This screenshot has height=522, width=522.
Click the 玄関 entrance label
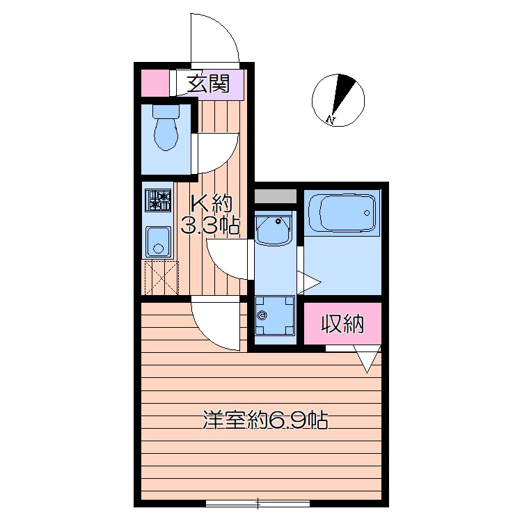click(208, 84)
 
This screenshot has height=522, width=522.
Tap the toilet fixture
click(166, 127)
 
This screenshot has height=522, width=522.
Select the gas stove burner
click(158, 200)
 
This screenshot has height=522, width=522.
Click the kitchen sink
click(158, 242)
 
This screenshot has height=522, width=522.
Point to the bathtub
click(345, 213)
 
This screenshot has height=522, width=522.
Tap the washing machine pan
click(275, 315)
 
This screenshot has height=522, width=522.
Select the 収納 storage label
click(342, 323)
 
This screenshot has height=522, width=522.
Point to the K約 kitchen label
click(211, 203)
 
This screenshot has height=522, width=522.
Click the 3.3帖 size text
click(210, 225)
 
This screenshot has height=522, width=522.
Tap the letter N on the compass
click(330, 119)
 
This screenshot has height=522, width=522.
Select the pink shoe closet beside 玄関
click(155, 84)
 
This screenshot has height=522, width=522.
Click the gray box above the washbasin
click(276, 196)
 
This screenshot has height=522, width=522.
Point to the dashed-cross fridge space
click(161, 278)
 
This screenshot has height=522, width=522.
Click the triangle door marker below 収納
click(367, 360)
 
